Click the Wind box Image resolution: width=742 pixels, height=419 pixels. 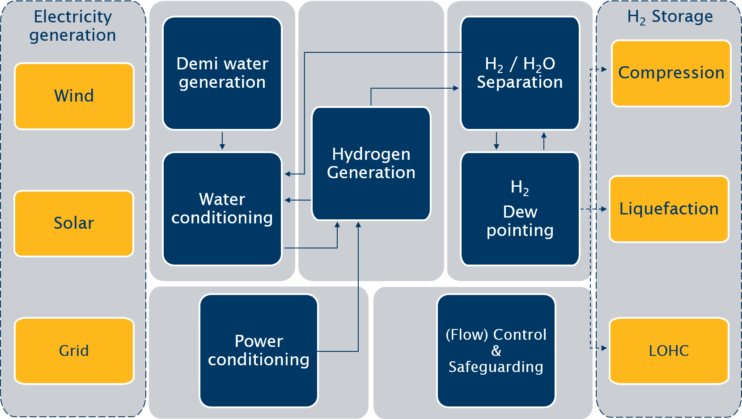[x=74, y=96]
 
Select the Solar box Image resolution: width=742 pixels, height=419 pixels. [x=74, y=223]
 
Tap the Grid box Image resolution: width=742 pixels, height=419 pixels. [x=74, y=351]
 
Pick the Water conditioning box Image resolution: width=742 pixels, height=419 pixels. [x=222, y=209]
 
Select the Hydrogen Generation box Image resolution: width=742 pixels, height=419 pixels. [x=371, y=163]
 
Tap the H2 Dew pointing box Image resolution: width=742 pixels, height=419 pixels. [x=520, y=209]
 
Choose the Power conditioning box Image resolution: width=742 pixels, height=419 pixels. [x=259, y=351]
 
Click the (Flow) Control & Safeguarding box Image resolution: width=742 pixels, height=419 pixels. [x=496, y=351]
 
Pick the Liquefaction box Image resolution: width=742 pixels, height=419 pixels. [x=669, y=209]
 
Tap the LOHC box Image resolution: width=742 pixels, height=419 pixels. [x=669, y=351]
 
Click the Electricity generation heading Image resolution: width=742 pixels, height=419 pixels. [x=73, y=26]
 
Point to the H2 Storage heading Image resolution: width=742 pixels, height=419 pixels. [x=670, y=17]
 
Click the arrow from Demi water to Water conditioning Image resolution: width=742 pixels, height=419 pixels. [x=222, y=141]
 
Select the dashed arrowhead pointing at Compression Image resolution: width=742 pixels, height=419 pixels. [x=604, y=69]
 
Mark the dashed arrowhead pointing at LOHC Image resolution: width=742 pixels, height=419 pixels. [x=604, y=348]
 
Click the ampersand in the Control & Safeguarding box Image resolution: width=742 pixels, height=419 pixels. [x=496, y=351]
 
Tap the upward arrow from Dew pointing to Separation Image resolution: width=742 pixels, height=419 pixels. [x=544, y=141]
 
